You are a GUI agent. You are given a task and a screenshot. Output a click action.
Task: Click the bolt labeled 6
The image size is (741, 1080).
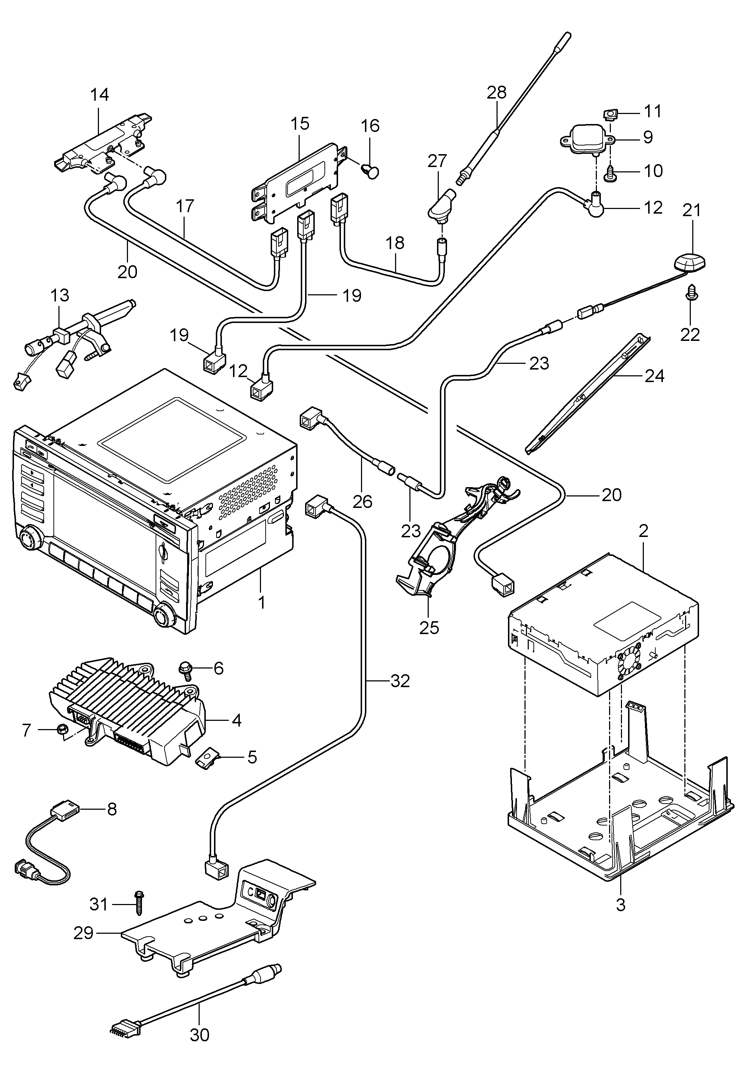point(185,670)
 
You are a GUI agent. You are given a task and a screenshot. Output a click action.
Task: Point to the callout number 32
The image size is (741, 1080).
point(400,681)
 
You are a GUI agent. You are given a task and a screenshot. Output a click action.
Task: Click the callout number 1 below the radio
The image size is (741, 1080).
point(261,603)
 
